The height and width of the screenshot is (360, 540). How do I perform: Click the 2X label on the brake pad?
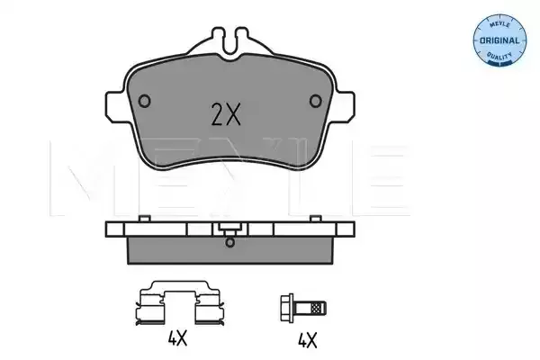[226, 114]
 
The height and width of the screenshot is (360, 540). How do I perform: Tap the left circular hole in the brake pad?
[144, 101]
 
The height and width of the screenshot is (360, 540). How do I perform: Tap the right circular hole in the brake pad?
[316, 101]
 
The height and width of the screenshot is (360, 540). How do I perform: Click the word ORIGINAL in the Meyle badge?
[499, 40]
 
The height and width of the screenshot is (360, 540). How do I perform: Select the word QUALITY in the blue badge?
[499, 56]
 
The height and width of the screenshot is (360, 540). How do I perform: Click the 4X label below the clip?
[177, 338]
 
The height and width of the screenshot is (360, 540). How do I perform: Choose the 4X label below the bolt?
[307, 340]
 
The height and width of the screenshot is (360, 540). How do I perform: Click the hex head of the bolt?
[287, 308]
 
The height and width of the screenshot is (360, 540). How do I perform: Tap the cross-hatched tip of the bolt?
[319, 308]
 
